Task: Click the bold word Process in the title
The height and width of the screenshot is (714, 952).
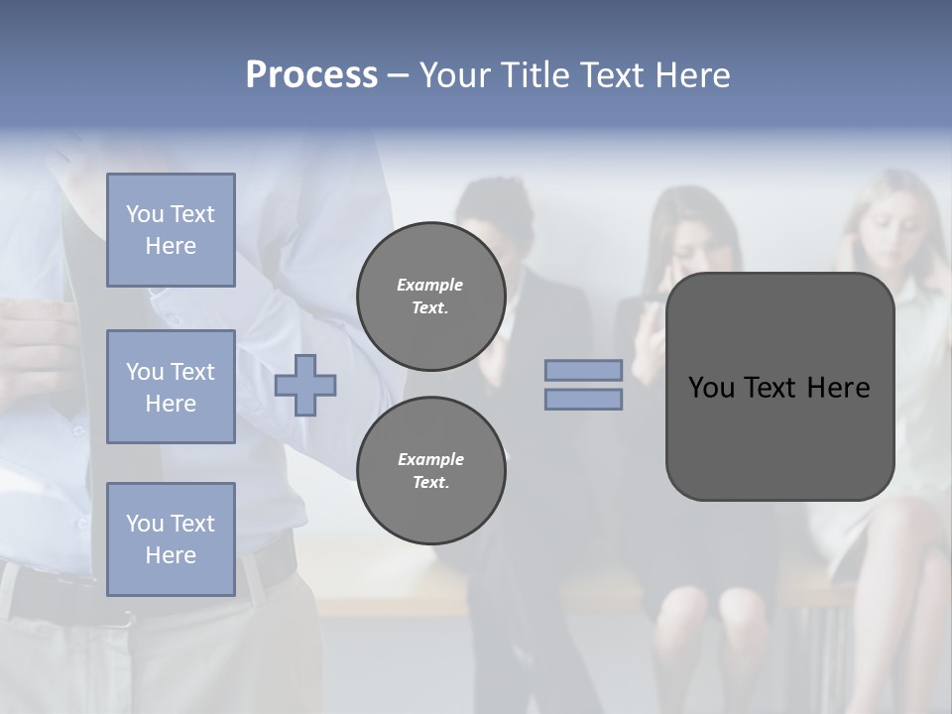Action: coord(311,75)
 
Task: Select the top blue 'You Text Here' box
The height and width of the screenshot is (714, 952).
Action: coord(171,230)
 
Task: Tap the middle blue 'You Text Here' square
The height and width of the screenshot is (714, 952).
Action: coord(171,387)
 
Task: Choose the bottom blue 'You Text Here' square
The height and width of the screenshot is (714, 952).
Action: coord(171,539)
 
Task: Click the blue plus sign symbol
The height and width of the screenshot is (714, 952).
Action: coord(305,386)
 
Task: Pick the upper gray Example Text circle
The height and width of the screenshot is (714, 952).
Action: coord(430,297)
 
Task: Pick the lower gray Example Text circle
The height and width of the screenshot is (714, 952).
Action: coord(430,471)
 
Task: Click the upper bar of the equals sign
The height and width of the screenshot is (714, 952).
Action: coord(583,371)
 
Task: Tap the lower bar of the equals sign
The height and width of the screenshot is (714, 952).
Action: coord(583,400)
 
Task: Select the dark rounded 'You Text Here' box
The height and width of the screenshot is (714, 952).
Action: coord(779,387)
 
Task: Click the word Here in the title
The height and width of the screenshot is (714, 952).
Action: coord(691,75)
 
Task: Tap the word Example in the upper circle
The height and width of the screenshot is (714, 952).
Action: coord(430,285)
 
